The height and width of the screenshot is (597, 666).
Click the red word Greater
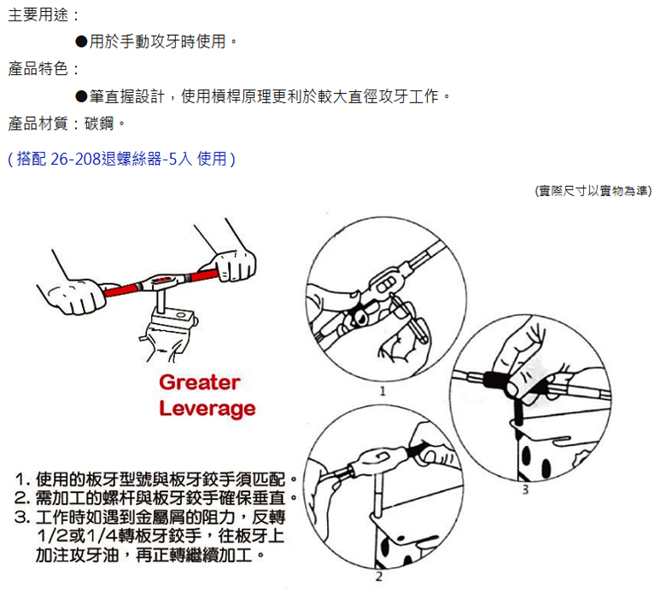tap(200, 382)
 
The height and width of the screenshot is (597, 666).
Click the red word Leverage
tap(207, 409)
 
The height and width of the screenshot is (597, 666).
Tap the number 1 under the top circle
tap(383, 391)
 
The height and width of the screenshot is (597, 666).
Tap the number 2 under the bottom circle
tap(379, 577)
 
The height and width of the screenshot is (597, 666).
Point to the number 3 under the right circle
tap(525, 490)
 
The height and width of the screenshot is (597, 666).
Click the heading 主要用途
tap(38, 14)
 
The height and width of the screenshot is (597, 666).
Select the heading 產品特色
tap(38, 68)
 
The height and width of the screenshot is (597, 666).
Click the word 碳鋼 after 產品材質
tap(99, 124)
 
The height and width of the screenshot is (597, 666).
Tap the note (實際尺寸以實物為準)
tap(593, 191)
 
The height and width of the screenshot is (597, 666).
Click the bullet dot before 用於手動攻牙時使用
tap(81, 42)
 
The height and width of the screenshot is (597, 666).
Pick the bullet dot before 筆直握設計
tap(81, 96)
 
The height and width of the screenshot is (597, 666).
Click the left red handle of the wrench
tap(120, 290)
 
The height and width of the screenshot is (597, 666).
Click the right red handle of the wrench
tap(204, 275)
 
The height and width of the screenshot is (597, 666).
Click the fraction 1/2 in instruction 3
tap(52, 536)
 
